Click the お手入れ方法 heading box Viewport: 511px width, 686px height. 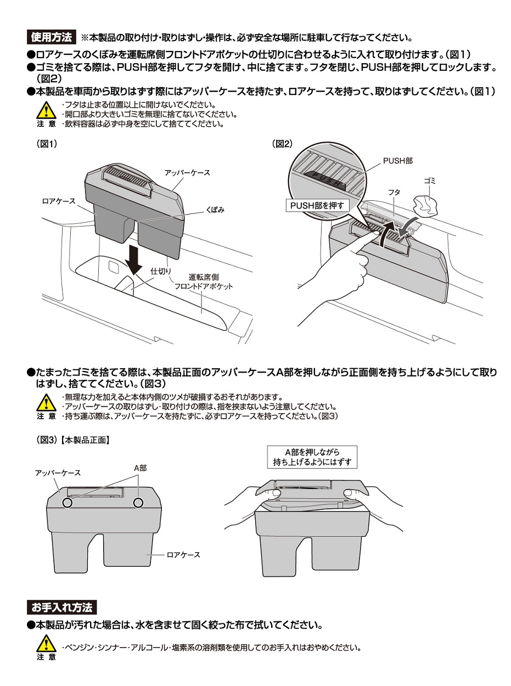(62, 607)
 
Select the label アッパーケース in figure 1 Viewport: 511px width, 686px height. (187, 172)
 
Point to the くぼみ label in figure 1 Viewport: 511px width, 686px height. (216, 210)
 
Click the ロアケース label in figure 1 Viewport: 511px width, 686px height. (58, 201)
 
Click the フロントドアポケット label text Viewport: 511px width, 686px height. (204, 286)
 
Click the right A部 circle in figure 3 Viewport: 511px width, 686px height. (138, 502)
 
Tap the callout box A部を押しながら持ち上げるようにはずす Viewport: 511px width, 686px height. (312, 457)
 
